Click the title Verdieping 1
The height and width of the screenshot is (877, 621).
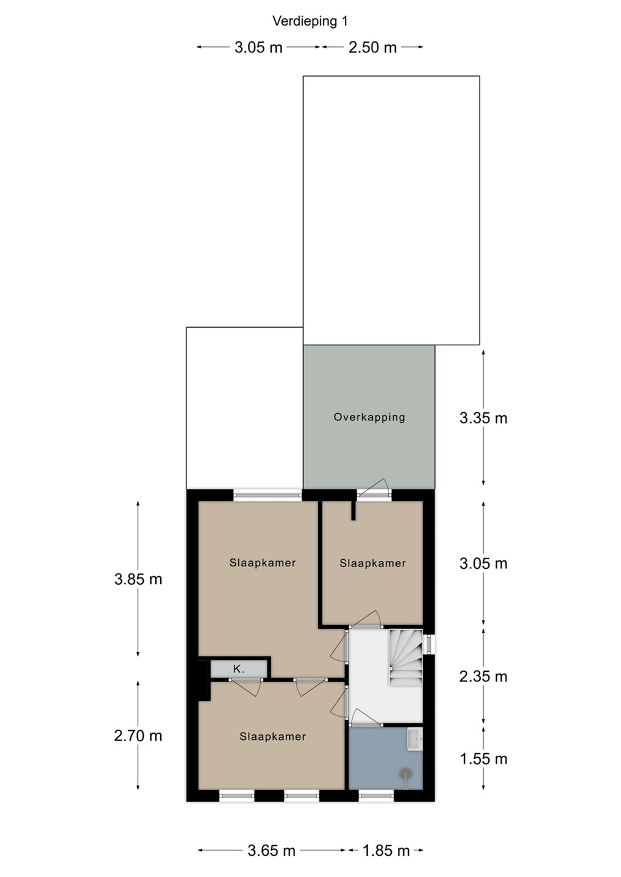(310, 21)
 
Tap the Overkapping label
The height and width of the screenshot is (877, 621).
(369, 417)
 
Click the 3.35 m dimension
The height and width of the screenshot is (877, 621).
(483, 418)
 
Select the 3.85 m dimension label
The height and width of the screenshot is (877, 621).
(138, 579)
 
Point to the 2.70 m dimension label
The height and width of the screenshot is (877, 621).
(138, 736)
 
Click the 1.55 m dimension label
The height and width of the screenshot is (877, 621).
(483, 759)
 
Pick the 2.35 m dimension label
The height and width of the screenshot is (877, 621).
(483, 676)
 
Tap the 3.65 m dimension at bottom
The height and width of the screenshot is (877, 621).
(271, 850)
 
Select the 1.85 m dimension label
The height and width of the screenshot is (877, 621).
(386, 850)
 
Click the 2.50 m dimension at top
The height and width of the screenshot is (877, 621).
(372, 48)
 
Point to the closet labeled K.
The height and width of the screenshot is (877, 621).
(239, 669)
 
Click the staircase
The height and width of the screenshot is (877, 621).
(405, 657)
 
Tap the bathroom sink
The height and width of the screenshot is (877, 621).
(414, 739)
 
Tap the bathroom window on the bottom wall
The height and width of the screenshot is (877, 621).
(376, 795)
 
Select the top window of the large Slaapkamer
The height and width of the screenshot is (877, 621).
(268, 495)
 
